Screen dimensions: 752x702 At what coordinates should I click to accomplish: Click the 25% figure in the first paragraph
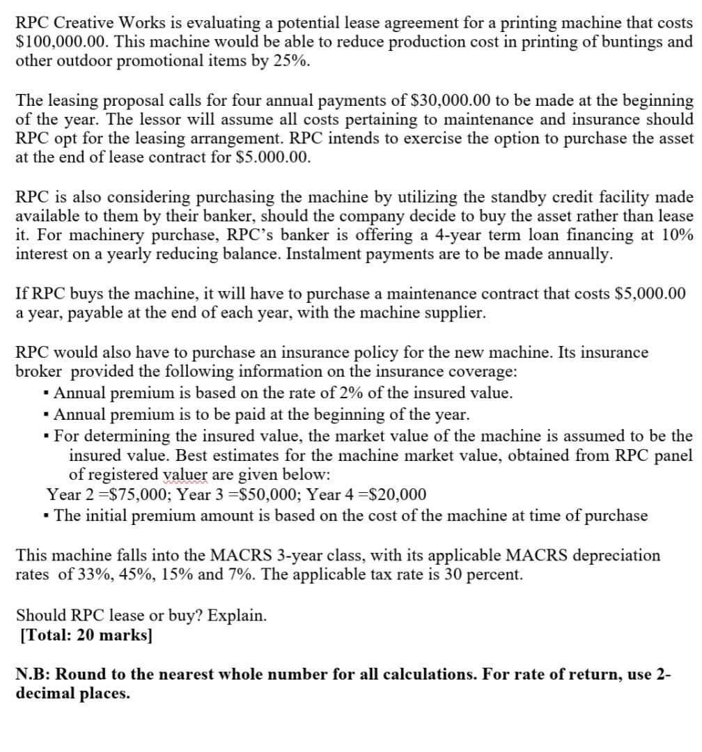coord(295,61)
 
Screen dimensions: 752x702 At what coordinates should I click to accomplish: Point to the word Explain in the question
coord(237,616)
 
